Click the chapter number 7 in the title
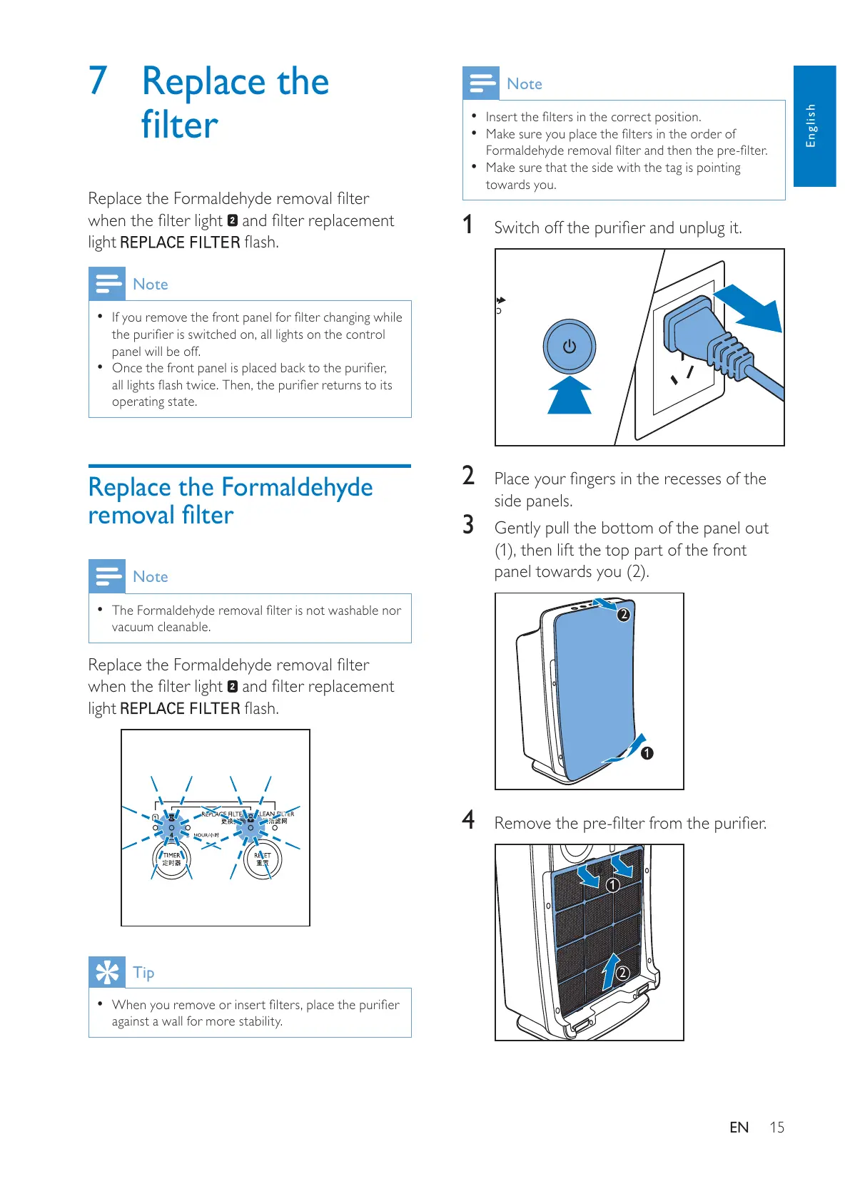tap(98, 81)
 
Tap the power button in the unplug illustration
tap(569, 347)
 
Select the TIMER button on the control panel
tap(172, 859)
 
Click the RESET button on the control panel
tap(263, 859)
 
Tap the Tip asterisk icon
tap(107, 972)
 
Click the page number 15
tap(776, 1128)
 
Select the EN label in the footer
tap(739, 1128)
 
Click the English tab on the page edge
tap(814, 126)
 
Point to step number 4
tap(468, 820)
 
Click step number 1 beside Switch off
tap(467, 225)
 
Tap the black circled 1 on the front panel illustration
tap(647, 753)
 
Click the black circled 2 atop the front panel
tap(623, 614)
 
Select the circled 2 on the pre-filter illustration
tap(622, 973)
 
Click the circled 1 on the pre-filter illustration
tap(612, 885)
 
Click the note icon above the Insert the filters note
tap(481, 83)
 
